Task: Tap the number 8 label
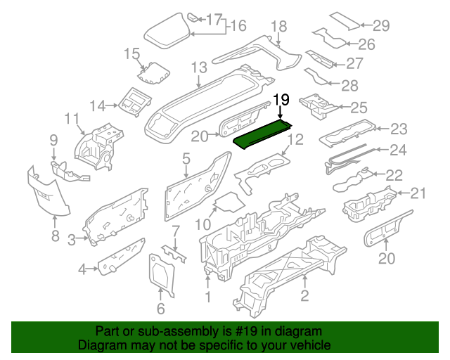pyautogui.click(x=55, y=236)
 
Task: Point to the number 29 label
pyautogui.click(x=380, y=26)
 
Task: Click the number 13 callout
pyautogui.click(x=199, y=67)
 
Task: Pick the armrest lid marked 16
pyautogui.click(x=167, y=32)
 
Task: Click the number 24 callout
pyautogui.click(x=398, y=149)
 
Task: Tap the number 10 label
pyautogui.click(x=202, y=226)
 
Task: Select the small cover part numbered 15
pyautogui.click(x=153, y=72)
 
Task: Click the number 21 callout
pyautogui.click(x=418, y=193)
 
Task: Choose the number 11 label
pyautogui.click(x=72, y=117)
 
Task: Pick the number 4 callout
pyautogui.click(x=82, y=268)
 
